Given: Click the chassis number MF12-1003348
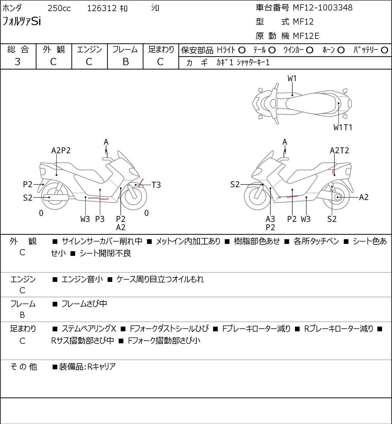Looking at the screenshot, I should point(323,8).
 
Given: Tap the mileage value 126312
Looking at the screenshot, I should point(102,8).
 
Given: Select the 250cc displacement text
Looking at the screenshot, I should point(59,8).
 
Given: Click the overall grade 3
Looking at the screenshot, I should point(18,62).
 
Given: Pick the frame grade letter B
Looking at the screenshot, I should point(125,62).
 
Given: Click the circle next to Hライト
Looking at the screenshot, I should point(242,50).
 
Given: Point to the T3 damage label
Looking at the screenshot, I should point(156,185).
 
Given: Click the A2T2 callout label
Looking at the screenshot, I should point(339,150).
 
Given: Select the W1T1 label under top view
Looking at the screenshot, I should point(343,127).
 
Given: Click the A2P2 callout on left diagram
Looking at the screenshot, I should point(61,150).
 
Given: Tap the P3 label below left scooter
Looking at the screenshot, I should point(100,219).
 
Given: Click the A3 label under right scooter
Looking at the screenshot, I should point(270,219).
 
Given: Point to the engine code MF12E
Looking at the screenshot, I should point(306,36).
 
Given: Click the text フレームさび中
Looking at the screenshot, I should point(84,304).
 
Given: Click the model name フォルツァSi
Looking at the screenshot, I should point(22,22).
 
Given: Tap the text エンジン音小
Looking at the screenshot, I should point(82,279).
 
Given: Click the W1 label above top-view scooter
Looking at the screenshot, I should point(292,78).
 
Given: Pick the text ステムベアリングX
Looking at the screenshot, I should point(89,329).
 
